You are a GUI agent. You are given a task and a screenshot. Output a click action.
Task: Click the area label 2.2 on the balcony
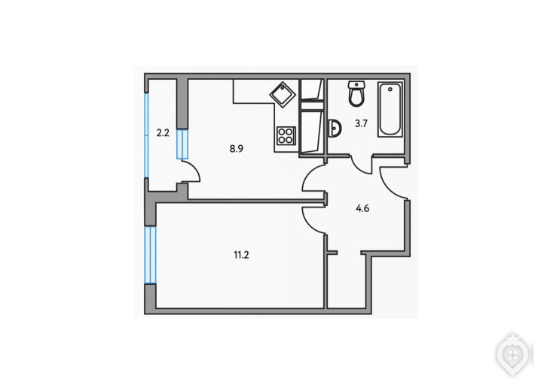[163, 133]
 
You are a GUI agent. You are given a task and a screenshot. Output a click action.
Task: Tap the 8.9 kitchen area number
[237, 149]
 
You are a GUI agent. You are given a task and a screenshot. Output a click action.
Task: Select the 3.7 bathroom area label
[361, 123]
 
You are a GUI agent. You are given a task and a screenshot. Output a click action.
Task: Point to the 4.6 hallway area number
[362, 208]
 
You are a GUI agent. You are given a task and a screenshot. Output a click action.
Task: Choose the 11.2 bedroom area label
[242, 255]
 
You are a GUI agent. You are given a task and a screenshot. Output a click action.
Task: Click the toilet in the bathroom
[356, 94]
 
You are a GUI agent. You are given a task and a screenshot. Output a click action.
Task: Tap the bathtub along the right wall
[390, 109]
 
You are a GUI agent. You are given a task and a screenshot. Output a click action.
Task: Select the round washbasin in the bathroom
[335, 129]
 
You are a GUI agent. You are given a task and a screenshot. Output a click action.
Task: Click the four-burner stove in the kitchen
[286, 135]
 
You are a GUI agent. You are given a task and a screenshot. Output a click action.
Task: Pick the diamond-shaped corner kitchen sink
[283, 94]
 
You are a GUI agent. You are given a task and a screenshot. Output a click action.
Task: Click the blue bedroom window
[151, 255]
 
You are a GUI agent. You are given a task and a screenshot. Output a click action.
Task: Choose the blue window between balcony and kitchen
[182, 144]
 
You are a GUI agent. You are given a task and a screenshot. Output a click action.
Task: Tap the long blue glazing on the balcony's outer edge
[146, 135]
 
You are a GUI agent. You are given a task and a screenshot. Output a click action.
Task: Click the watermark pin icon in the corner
[513, 355]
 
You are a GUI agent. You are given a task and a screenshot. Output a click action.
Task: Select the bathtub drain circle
[390, 89]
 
